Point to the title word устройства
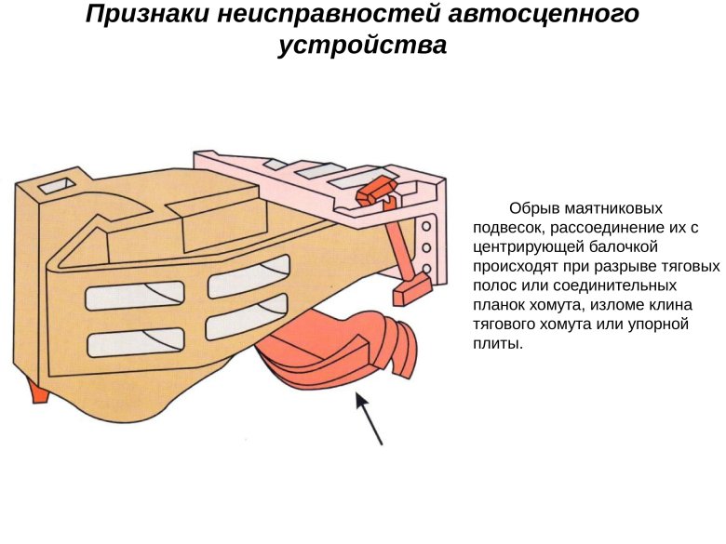362,46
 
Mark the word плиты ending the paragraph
497,343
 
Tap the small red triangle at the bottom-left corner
39,393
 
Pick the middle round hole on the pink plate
427,247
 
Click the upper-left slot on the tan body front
134,296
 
